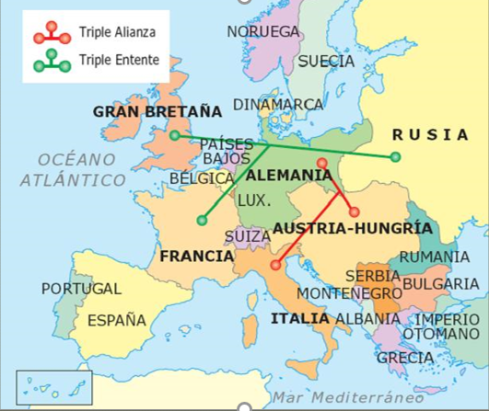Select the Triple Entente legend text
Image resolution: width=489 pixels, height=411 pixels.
point(120,60)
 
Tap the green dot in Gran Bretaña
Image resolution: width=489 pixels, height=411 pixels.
point(175,136)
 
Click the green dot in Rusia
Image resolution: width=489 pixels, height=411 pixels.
point(395,157)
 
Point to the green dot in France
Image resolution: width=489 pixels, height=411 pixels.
point(202,220)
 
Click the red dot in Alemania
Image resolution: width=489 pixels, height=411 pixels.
point(321,164)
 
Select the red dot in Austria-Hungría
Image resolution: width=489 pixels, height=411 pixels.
point(354,211)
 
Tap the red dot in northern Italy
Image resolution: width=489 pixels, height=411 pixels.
point(275,265)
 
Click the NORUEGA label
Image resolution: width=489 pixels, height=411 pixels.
point(263,32)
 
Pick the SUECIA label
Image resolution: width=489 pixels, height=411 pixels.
point(326,61)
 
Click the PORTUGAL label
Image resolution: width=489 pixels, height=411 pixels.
point(81,289)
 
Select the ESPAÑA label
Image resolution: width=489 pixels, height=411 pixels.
point(117,320)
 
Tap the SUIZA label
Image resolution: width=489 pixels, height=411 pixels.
point(248,235)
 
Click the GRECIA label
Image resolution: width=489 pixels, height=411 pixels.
point(405,357)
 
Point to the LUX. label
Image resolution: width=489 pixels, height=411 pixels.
point(253,200)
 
